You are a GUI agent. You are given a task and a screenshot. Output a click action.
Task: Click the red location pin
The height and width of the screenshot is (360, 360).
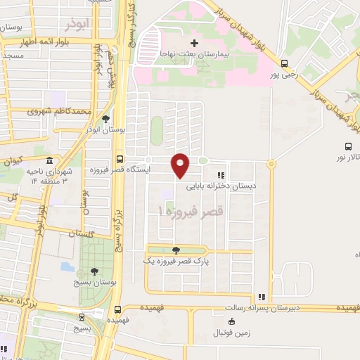pos(181,165)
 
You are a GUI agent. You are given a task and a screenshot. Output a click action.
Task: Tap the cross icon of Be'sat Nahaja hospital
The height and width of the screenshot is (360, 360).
pos(195,44)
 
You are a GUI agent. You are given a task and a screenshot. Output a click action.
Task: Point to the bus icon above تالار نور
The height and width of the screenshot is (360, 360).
pos(349,146)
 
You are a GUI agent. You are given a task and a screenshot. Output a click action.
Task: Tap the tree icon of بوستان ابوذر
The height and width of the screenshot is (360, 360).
pos(105,119)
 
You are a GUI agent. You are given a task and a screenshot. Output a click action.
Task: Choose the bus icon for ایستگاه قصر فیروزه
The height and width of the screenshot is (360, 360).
pos(120,159)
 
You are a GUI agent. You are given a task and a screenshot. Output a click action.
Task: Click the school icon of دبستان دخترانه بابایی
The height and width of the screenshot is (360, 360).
pos(221,176)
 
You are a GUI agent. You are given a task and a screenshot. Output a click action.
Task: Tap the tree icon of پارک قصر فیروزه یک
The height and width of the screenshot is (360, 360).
pos(175,250)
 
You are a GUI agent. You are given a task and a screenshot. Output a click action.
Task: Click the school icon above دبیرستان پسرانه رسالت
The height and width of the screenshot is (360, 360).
pos(262,297)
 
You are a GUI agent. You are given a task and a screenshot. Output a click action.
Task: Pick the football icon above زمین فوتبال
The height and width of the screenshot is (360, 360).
pos(233,321)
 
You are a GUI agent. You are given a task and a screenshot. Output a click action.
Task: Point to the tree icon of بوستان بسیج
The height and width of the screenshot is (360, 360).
pos(94,271)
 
